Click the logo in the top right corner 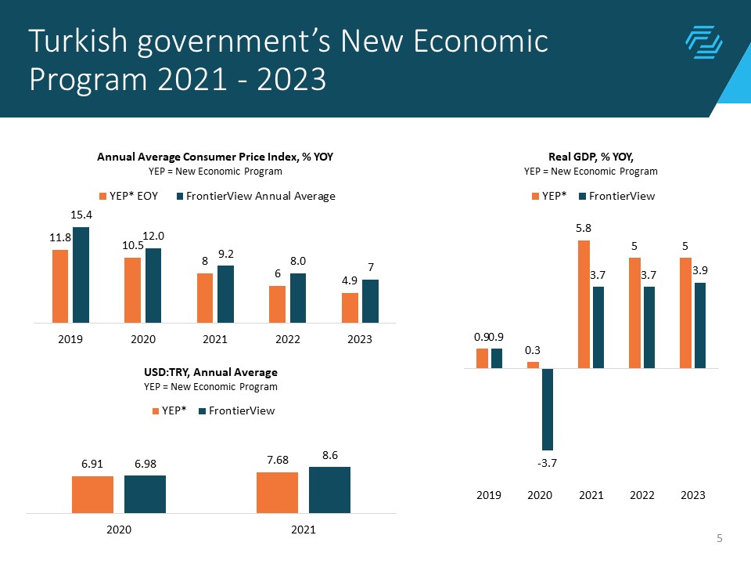click(x=702, y=42)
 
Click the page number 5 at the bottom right click(x=719, y=538)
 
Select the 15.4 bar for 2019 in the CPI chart click(x=81, y=274)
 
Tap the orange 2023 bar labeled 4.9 click(x=350, y=307)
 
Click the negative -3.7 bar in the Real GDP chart click(x=547, y=409)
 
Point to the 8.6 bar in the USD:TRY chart click(x=329, y=490)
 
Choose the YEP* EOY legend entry click(x=128, y=197)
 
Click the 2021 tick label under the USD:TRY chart click(x=303, y=530)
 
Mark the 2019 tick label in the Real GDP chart click(x=489, y=495)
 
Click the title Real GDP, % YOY click(x=591, y=157)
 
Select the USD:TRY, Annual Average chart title click(x=211, y=372)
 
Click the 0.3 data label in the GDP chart click(x=533, y=349)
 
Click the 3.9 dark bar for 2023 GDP click(x=700, y=325)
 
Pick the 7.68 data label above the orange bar click(x=277, y=459)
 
